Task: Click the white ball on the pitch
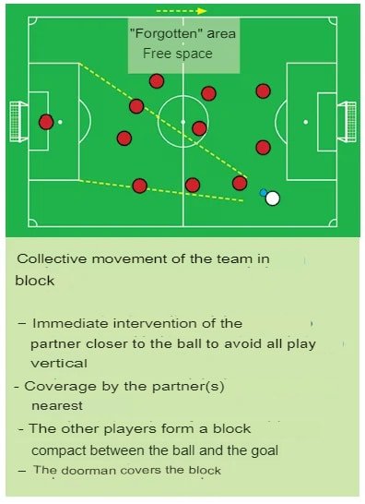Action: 272,198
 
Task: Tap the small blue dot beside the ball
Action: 264,193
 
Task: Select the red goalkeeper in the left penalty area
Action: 46,122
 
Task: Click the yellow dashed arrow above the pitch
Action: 207,12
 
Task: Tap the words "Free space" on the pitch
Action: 177,54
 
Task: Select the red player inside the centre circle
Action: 199,128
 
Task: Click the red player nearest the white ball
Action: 240,183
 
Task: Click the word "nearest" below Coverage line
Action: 56,404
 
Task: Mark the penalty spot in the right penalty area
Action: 308,121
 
